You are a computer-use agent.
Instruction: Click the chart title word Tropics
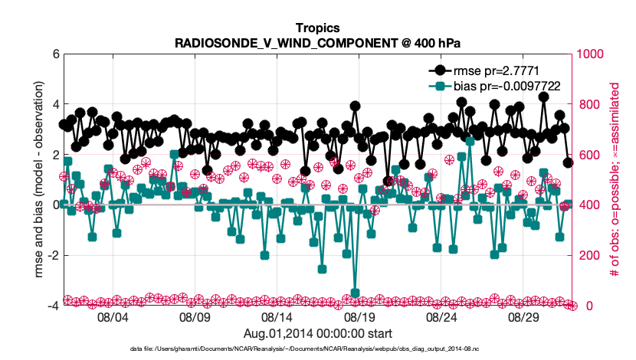317,28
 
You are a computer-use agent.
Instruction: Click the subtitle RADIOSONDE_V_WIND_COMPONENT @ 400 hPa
317,41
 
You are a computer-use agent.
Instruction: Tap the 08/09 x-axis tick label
194,316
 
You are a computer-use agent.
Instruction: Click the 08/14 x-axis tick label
277,316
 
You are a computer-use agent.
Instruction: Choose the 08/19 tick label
359,316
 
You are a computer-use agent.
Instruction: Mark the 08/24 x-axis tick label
442,316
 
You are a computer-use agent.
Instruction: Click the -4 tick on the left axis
52,306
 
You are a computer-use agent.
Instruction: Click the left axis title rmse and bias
38,180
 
